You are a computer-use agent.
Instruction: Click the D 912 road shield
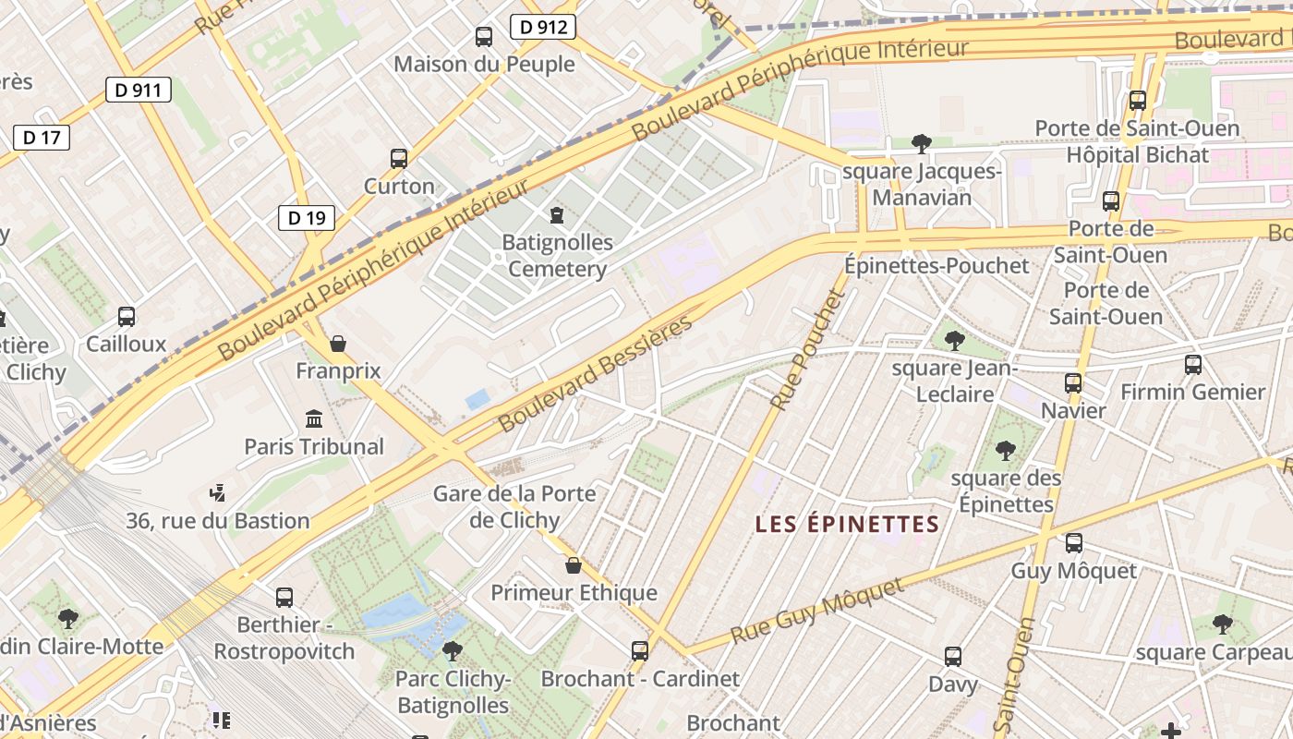tap(543, 27)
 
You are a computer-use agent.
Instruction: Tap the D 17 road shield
tap(42, 138)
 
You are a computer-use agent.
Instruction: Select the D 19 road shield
tap(307, 218)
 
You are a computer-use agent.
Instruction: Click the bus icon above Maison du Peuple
tap(484, 37)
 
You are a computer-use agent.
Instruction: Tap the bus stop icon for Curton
tap(399, 158)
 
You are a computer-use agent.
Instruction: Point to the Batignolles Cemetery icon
tap(557, 215)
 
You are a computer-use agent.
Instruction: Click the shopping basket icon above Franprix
tap(338, 344)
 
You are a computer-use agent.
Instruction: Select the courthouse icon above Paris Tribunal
tap(314, 418)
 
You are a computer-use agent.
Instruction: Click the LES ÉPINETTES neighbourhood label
tap(847, 525)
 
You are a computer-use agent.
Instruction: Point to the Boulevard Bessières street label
tap(596, 374)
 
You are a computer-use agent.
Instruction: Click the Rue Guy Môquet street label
tap(817, 612)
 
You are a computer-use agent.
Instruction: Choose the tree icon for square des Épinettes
tap(1006, 451)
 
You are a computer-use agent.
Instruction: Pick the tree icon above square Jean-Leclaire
tap(955, 341)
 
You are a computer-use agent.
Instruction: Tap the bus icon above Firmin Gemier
tap(1193, 364)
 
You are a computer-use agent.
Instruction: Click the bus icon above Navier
tap(1073, 382)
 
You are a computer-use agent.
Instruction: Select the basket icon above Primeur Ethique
tap(574, 565)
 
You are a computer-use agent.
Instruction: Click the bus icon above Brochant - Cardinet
tap(640, 650)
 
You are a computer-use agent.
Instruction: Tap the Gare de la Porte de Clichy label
tap(514, 506)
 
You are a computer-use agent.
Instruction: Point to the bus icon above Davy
tap(953, 657)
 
